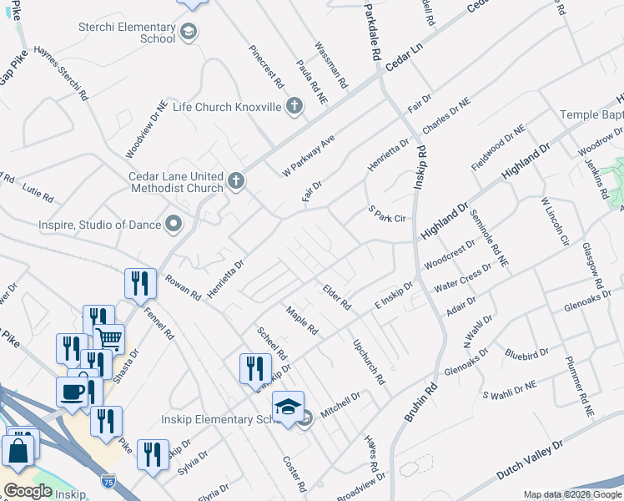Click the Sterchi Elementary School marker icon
189,33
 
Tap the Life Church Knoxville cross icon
294,107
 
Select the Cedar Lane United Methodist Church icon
237,180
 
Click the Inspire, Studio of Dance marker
174,224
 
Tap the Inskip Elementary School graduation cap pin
288,407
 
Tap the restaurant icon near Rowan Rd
140,283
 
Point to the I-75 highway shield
108,481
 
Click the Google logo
28,491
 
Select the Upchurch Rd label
368,361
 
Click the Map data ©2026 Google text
572,494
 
